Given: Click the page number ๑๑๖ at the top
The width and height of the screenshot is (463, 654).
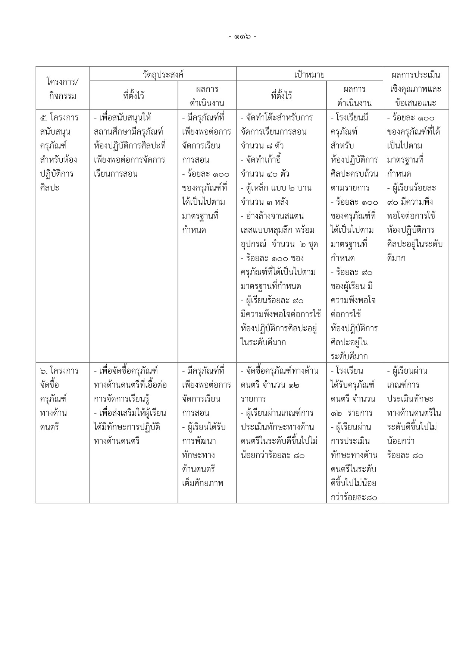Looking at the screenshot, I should click(x=242, y=37).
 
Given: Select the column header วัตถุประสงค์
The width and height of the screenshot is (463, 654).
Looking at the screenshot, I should click(x=163, y=74).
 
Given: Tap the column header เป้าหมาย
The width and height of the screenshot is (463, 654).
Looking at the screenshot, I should click(x=309, y=74).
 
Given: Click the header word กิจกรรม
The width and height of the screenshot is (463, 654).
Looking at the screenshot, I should click(x=63, y=96).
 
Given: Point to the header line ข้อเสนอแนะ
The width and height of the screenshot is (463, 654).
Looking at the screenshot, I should click(x=415, y=103).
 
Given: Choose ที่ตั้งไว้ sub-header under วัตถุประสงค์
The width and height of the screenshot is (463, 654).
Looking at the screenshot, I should click(x=134, y=96).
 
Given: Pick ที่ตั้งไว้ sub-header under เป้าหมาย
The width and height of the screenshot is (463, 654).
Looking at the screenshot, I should click(x=281, y=96).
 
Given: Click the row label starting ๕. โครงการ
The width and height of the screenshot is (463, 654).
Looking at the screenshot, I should click(x=59, y=118).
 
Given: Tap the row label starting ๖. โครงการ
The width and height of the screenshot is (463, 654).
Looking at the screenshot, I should click(x=59, y=371).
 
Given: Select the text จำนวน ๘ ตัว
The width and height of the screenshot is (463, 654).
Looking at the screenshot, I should click(x=262, y=146).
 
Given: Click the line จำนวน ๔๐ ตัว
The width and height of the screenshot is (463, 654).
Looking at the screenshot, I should click(x=265, y=174).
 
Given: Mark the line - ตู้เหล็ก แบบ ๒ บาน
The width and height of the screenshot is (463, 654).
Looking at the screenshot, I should click(x=276, y=188).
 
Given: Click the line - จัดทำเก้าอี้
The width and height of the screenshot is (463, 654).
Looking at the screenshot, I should click(x=261, y=160).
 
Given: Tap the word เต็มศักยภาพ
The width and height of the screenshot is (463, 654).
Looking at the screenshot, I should click(x=203, y=484).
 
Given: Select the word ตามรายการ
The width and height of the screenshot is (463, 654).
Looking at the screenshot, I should click(x=350, y=188).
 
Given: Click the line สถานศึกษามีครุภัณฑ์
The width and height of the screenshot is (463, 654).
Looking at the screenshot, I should click(x=129, y=132).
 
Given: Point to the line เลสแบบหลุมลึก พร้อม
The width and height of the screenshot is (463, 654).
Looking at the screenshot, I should click(x=278, y=230).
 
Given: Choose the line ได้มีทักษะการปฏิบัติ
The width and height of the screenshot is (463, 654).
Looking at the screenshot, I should click(x=127, y=427).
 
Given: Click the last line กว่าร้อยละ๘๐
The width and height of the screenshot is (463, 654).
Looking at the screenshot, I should click(x=354, y=497).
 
